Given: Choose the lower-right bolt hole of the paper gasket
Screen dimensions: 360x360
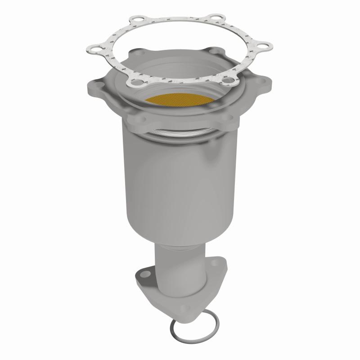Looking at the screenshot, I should coord(230,81).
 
